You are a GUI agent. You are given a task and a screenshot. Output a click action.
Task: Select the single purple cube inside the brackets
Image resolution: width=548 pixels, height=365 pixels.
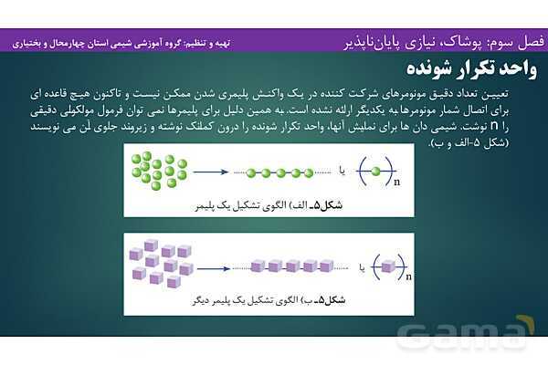tap(387, 266)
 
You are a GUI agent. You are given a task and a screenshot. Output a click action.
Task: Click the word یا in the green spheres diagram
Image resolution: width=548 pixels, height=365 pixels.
tap(341, 171)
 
